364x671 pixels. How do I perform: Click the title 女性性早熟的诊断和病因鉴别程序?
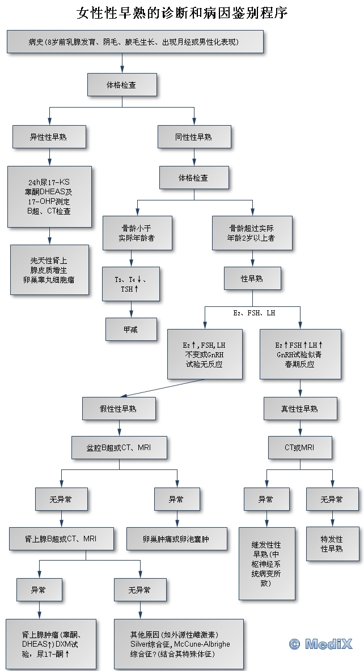pos(182,13)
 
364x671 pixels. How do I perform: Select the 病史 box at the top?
pos(135,42)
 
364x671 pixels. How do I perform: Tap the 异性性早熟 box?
pos(49,136)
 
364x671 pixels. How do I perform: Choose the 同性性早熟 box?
pos(194,136)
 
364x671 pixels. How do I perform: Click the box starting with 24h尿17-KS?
pos(50,196)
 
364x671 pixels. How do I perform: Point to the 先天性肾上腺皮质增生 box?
pos(49,270)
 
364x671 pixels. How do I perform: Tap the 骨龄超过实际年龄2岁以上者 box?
pos(252,233)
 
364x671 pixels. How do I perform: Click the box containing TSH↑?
pos(132,284)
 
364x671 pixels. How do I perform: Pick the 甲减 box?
pos(132,329)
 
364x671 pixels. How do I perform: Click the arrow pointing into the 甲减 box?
pos(132,313)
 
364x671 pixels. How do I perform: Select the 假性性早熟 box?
pos(118,408)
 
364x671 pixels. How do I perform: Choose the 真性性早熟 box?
pos(300,408)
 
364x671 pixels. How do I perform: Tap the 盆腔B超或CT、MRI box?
pos(120,447)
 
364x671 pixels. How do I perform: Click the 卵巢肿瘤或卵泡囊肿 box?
pos(176,539)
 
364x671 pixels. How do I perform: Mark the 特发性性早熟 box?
pos(332,544)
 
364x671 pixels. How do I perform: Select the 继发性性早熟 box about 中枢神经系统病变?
pos(267,563)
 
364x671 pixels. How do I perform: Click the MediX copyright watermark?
pos(320,643)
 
